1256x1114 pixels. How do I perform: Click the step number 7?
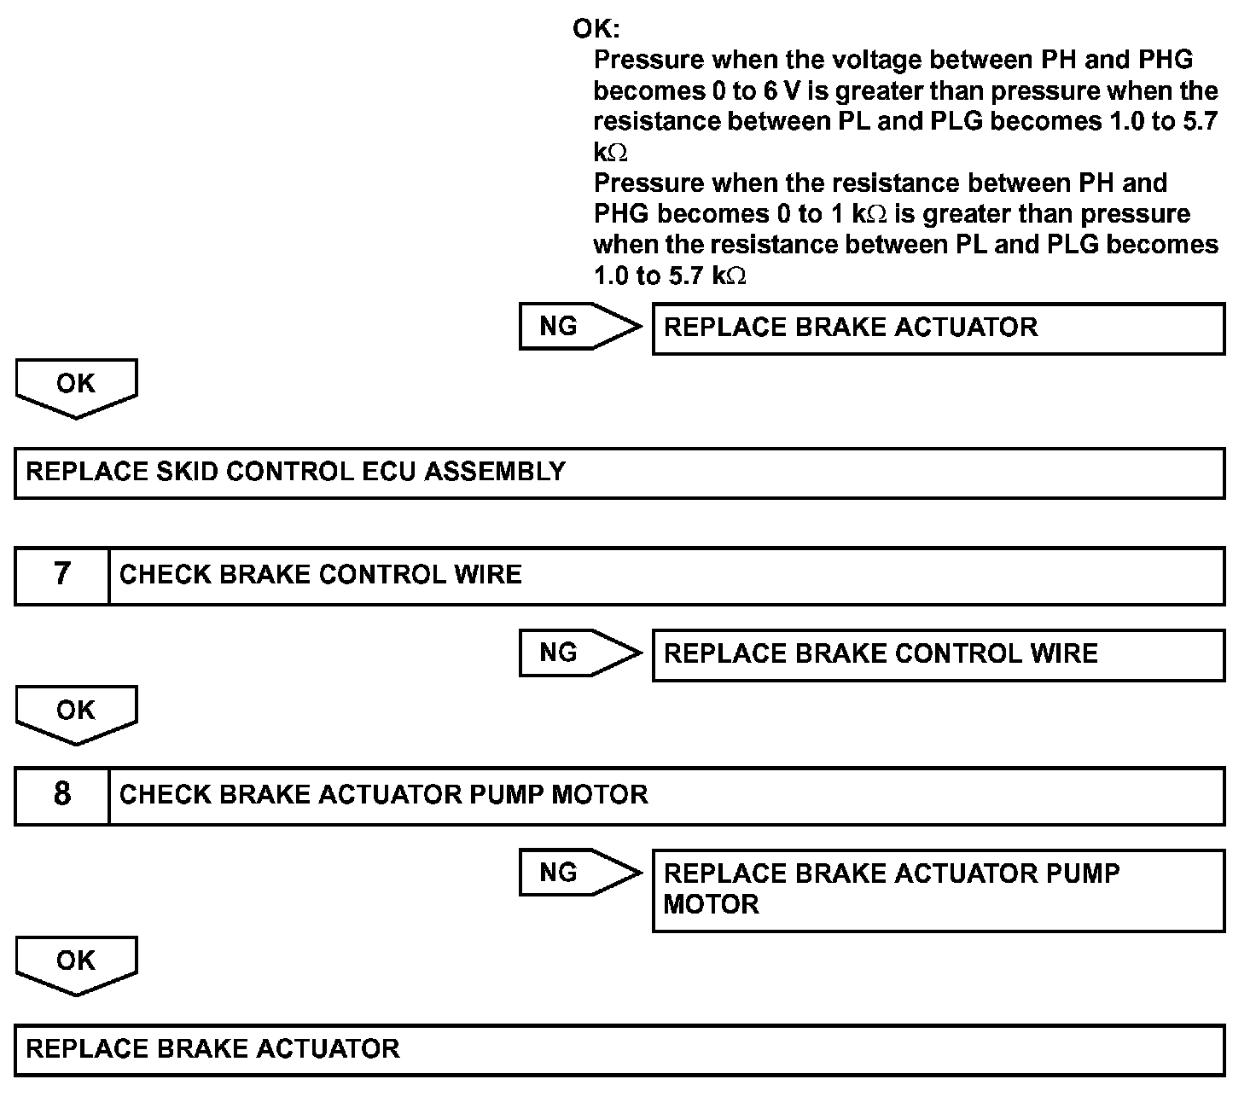point(62,574)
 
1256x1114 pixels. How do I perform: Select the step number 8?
point(62,794)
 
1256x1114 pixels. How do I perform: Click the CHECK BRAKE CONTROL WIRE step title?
point(320,574)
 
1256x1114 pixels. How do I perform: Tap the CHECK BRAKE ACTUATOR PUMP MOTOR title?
point(383,794)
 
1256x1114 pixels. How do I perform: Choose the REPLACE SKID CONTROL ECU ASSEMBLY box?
point(619,473)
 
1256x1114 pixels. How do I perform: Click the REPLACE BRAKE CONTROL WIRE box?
point(938,654)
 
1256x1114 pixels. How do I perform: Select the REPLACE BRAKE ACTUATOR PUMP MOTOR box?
point(938,890)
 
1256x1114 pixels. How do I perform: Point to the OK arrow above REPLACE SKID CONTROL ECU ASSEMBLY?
point(76,386)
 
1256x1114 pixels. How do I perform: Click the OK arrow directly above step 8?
point(76,713)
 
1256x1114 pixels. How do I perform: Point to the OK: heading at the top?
point(596,29)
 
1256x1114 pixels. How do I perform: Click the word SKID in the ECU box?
point(188,472)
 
